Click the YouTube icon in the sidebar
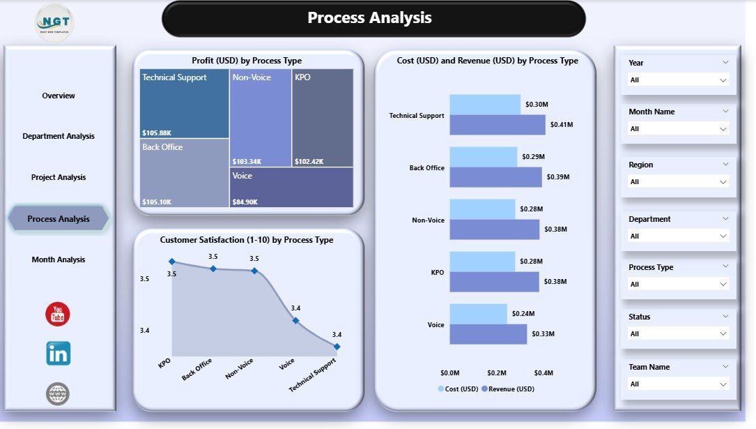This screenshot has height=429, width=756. click(x=58, y=315)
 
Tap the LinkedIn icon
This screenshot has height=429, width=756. click(x=58, y=354)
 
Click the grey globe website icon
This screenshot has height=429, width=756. click(x=58, y=394)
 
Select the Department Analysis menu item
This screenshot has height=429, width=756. click(x=59, y=136)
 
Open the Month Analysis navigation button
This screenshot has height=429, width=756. click(x=59, y=259)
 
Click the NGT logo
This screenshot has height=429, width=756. click(x=54, y=22)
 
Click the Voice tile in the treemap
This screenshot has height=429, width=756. click(x=291, y=187)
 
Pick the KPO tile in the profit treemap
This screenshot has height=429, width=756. click(x=322, y=117)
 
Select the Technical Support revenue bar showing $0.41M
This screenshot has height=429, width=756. click(x=497, y=125)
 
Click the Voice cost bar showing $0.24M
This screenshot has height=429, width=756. click(x=478, y=314)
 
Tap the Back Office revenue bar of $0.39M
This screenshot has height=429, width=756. click(x=495, y=177)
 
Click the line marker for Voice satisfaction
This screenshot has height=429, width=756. click(x=295, y=321)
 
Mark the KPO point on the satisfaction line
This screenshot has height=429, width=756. click(x=171, y=262)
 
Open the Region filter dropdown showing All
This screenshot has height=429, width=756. click(x=678, y=181)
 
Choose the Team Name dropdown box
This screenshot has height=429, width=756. click(x=678, y=384)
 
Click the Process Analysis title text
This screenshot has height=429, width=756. click(x=369, y=18)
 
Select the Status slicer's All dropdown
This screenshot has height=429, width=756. click(x=678, y=333)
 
